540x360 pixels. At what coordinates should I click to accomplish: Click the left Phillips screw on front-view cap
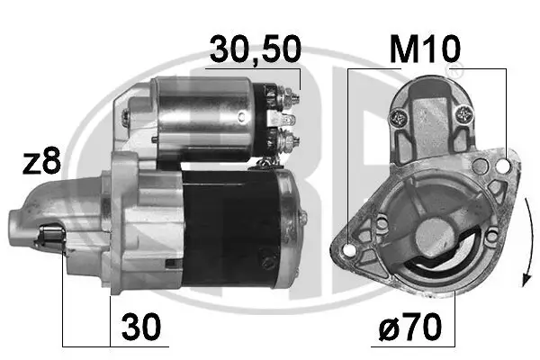(400, 116)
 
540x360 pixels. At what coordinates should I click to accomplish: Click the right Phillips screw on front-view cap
(464, 113)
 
